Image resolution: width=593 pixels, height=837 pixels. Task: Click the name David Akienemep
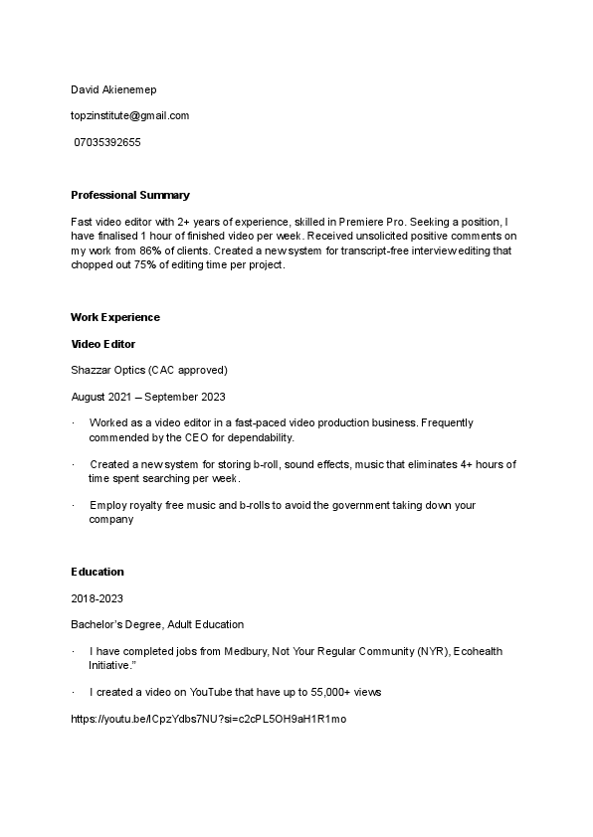112,89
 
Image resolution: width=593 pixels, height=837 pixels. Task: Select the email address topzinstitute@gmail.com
129,115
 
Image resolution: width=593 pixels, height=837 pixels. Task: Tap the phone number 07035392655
107,142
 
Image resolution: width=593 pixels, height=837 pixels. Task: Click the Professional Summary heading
129,195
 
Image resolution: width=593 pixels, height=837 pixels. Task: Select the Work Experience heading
114,317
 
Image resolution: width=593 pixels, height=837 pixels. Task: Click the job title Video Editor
102,344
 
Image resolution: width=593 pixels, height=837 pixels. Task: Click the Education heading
97,572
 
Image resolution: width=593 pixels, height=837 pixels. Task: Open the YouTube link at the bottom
208,718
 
